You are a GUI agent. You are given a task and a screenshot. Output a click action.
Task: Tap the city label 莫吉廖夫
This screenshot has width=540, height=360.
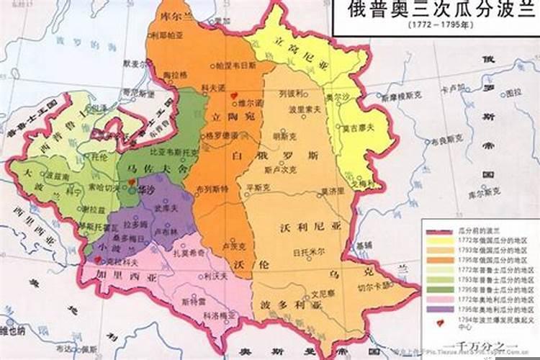pyautogui.click(x=356, y=128)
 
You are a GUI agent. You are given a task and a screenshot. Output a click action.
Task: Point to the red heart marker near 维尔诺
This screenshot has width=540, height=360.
pyautogui.click(x=232, y=94)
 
